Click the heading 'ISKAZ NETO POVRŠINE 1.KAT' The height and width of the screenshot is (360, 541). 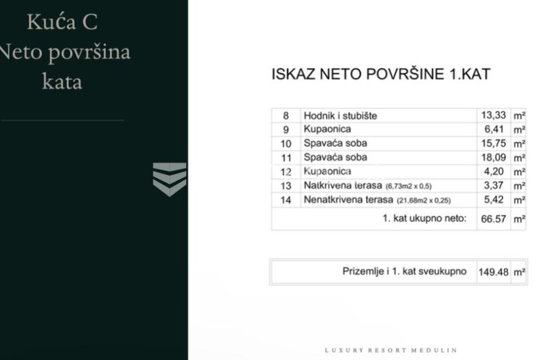point(380,75)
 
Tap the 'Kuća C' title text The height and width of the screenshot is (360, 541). point(62,22)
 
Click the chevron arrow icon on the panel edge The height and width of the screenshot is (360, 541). point(169,179)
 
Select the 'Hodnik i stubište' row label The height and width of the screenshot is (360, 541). point(340,116)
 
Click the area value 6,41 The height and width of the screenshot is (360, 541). point(493,129)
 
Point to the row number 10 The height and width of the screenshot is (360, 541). point(286,144)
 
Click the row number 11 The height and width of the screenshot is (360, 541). point(286,158)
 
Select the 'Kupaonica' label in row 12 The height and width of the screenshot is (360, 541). point(327,172)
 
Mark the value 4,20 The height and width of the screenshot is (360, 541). point(493,172)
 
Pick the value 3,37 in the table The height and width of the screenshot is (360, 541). point(493,186)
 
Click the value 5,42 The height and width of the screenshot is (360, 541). point(493,200)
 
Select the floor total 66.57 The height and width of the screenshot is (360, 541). point(493,219)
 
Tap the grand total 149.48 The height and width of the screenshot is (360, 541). point(493,272)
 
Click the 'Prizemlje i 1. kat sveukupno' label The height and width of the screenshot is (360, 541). point(404,272)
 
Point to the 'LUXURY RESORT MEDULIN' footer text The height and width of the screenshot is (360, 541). point(390,350)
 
